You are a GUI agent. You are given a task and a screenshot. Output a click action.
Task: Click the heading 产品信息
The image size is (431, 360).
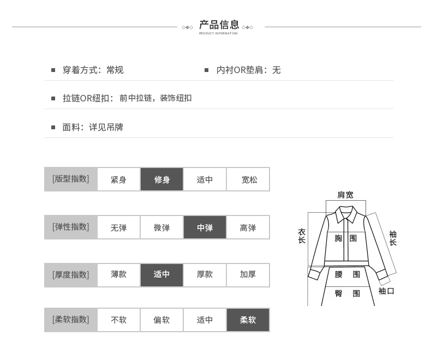[x=219, y=25]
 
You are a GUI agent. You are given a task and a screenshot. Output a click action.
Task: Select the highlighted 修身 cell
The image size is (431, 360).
[x=161, y=179]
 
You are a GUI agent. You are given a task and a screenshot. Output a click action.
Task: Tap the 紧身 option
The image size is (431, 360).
[x=118, y=179]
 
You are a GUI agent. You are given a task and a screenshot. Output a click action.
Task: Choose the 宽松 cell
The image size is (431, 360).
[x=249, y=179]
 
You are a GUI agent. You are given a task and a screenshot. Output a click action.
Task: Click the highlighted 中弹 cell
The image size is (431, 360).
[x=205, y=227]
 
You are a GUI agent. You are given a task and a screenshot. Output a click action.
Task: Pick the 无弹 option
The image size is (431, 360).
[x=118, y=227]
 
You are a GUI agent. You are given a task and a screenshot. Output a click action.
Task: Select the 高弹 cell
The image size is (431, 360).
[x=248, y=227]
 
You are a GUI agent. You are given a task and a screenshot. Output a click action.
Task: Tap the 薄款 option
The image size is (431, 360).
[x=118, y=274]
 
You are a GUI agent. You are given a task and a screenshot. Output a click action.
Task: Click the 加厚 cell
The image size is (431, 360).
[x=248, y=274]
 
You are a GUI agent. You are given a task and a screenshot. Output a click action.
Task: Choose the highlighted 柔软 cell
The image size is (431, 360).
[x=248, y=320]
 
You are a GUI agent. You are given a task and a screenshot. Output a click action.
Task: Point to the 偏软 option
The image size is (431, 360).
[x=161, y=320]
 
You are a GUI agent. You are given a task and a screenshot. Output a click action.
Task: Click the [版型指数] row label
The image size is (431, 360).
[x=70, y=179]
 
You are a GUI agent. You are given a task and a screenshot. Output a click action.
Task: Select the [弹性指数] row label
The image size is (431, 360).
[x=70, y=227]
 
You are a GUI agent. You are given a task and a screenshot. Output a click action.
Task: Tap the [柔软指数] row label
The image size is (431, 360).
[x=70, y=320]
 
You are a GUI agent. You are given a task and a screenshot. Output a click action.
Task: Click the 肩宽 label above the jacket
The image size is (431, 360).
[x=345, y=195]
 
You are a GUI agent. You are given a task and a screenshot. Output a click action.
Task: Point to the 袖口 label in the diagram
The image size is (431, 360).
[x=386, y=291]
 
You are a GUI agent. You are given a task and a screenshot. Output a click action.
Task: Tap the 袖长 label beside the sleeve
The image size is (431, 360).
[x=393, y=238]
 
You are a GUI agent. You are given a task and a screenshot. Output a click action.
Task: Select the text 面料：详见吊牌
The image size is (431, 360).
[x=93, y=127]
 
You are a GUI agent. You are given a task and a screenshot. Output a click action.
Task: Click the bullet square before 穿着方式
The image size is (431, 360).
[x=53, y=70]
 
